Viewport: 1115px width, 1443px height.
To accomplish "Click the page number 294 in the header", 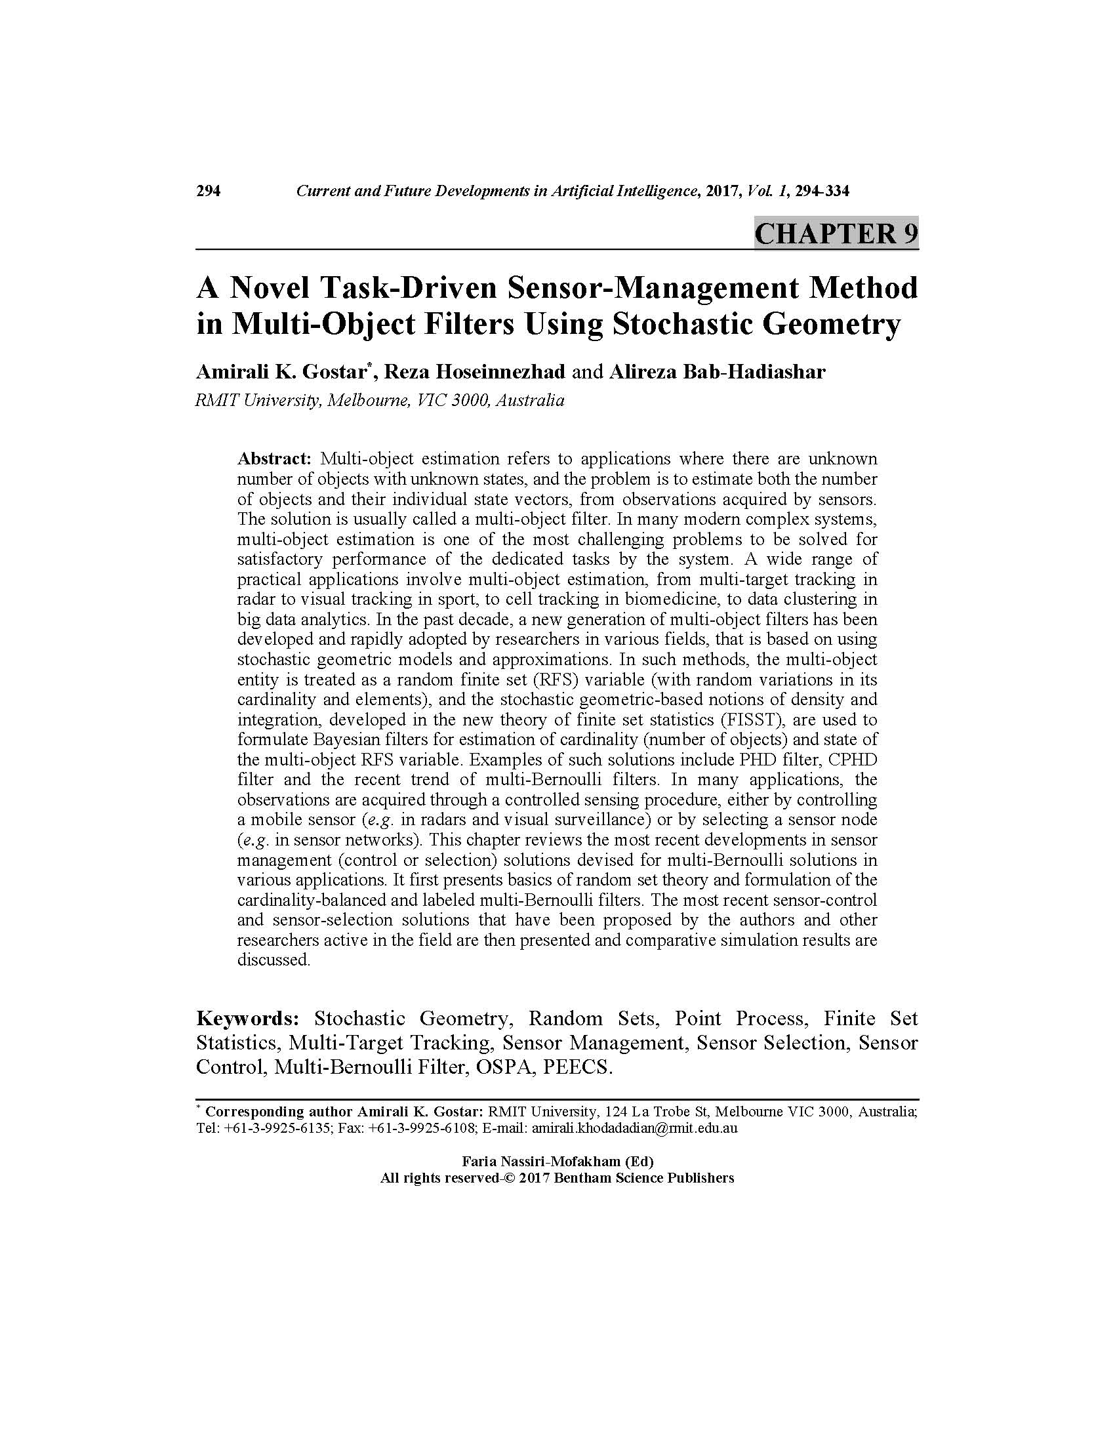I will (208, 192).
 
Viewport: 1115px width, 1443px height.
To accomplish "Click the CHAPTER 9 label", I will (836, 234).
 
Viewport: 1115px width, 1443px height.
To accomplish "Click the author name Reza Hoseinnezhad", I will (474, 372).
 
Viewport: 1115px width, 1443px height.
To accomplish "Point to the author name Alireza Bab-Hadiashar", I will (717, 372).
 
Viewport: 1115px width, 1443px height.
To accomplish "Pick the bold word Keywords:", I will (249, 1018).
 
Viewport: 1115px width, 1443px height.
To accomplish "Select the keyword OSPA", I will (501, 1067).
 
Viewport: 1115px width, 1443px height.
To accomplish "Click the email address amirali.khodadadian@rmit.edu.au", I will (634, 1128).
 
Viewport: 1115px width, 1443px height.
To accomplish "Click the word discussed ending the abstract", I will (273, 960).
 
